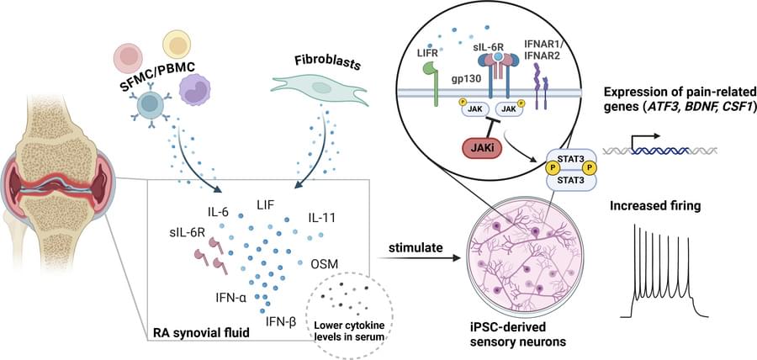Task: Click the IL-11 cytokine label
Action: (323, 219)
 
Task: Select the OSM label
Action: (325, 264)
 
